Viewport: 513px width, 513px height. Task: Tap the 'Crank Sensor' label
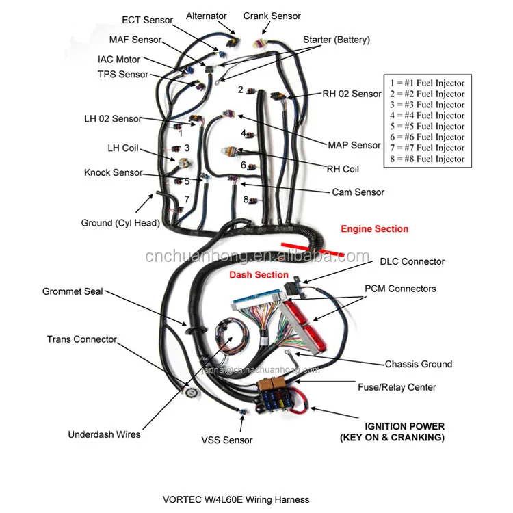point(272,16)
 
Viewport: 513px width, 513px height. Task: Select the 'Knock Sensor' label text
point(114,173)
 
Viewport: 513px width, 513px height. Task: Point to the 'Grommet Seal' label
point(73,291)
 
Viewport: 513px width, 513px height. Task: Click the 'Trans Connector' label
point(81,339)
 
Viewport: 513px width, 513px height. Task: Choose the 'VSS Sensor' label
point(226,440)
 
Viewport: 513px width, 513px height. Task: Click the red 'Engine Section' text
point(374,229)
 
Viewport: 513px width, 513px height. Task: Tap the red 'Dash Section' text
point(259,274)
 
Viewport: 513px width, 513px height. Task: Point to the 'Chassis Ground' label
point(418,365)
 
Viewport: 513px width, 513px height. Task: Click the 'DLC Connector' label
point(412,261)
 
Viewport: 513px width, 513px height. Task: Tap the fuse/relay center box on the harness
point(277,397)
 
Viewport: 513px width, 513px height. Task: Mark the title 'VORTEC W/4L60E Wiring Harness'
point(237,500)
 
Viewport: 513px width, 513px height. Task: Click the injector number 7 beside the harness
point(187,199)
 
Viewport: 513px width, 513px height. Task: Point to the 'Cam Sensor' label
point(358,192)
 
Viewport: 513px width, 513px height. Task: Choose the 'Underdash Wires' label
point(104,434)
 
